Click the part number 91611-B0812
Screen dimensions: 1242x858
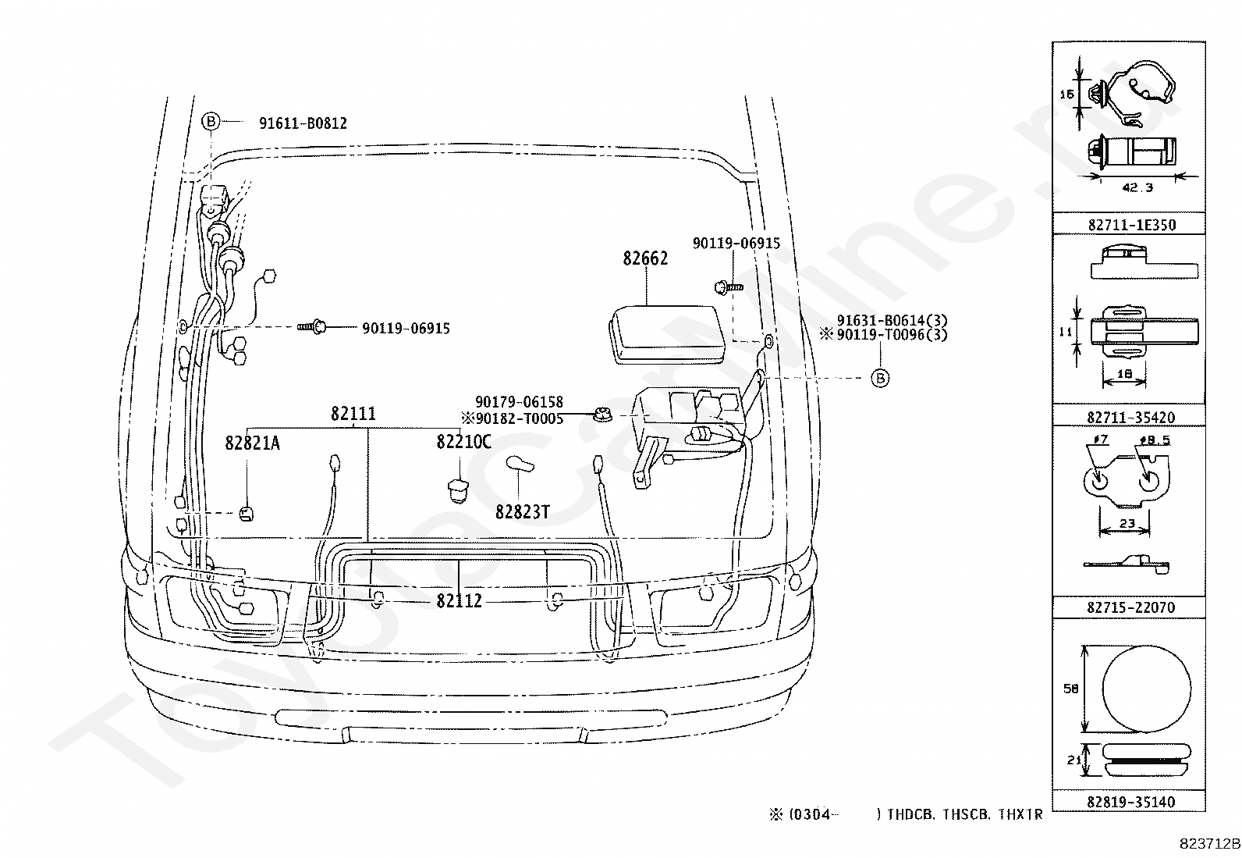tap(303, 123)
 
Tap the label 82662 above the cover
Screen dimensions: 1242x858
tap(645, 258)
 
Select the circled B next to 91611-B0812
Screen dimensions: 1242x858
tap(211, 121)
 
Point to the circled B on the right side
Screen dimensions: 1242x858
tap(879, 378)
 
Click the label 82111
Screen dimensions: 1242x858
tap(353, 414)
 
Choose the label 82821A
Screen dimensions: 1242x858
tap(252, 443)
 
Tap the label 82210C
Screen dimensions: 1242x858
tap(463, 442)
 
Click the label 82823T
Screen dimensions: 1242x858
tap(522, 512)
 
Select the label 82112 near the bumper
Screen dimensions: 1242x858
tap(459, 600)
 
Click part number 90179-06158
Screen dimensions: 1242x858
tap(519, 402)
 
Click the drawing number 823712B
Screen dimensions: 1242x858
tap(1208, 844)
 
